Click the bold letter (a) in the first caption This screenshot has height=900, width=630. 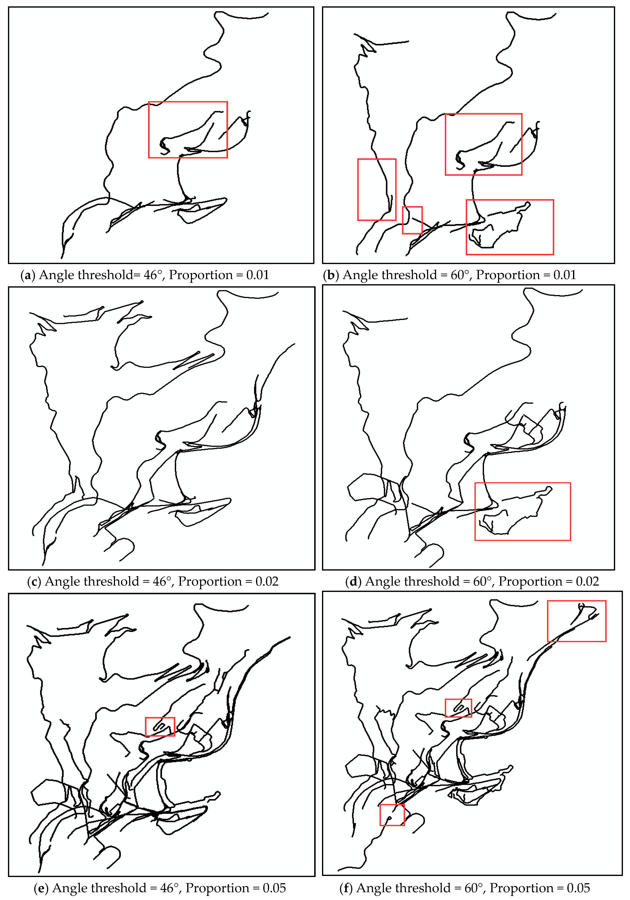click(28, 275)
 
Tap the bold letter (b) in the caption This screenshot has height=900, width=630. click(331, 275)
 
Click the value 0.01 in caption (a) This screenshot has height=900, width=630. click(257, 275)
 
